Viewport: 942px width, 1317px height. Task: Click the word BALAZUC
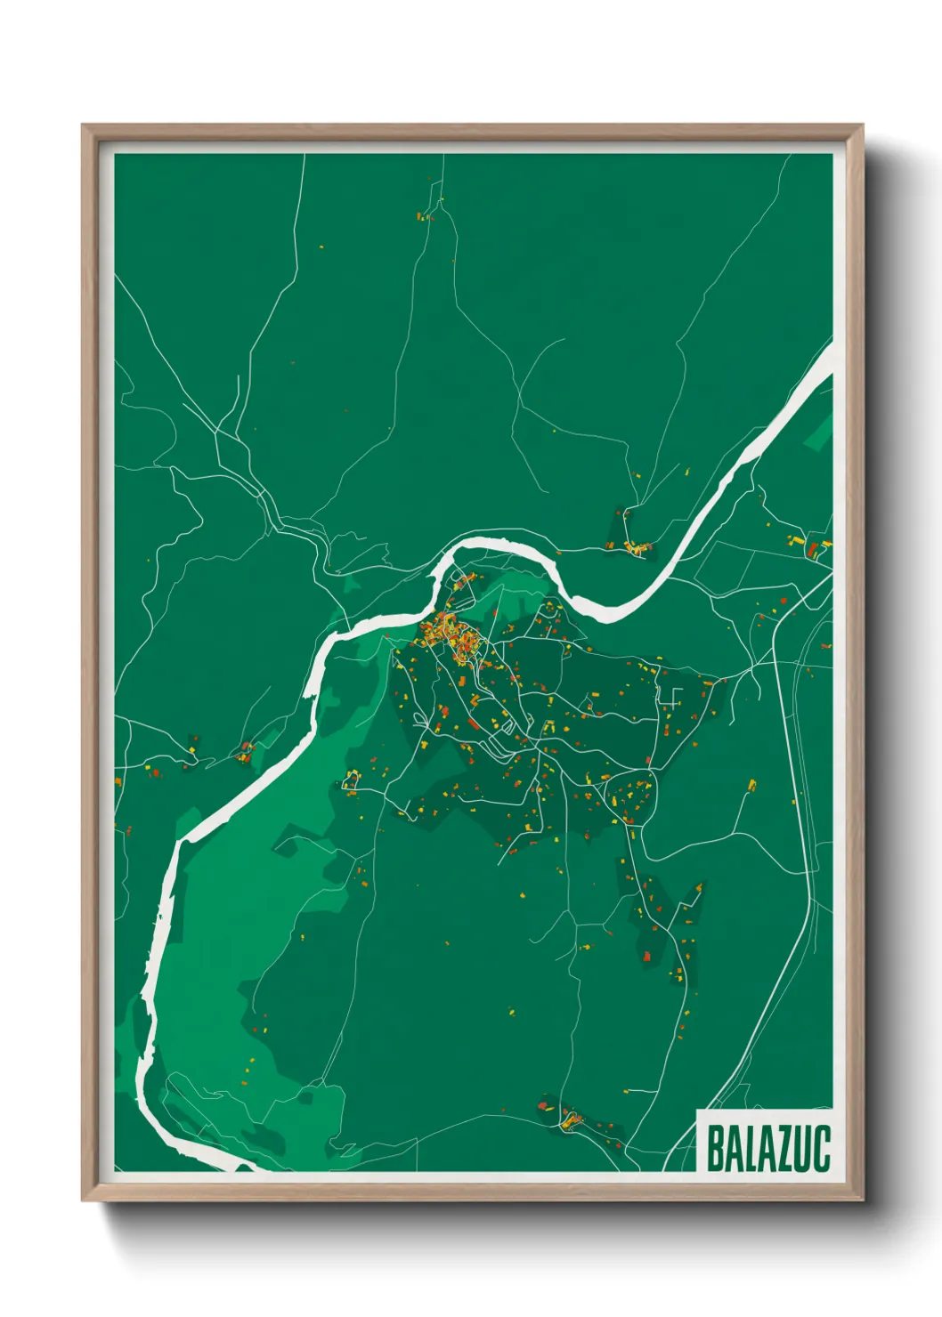point(767,1149)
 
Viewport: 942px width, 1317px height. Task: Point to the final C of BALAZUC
point(822,1149)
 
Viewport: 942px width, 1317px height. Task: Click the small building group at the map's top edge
point(425,214)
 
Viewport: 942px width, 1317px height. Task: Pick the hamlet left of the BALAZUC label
point(568,1117)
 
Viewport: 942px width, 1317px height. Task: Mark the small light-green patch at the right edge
point(820,435)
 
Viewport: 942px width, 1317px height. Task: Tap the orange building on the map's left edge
point(118,781)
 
